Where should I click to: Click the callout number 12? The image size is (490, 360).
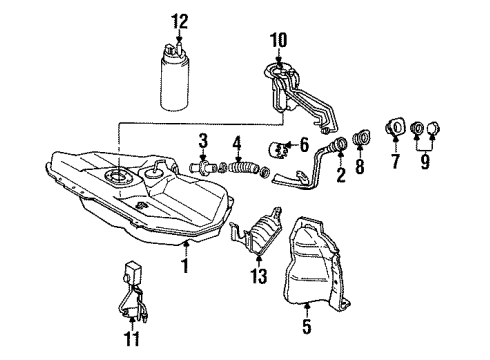tap(179, 20)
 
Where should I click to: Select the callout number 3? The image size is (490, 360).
tap(201, 139)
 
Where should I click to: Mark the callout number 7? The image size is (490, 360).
tap(395, 160)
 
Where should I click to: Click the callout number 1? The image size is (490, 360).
tap(185, 267)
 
